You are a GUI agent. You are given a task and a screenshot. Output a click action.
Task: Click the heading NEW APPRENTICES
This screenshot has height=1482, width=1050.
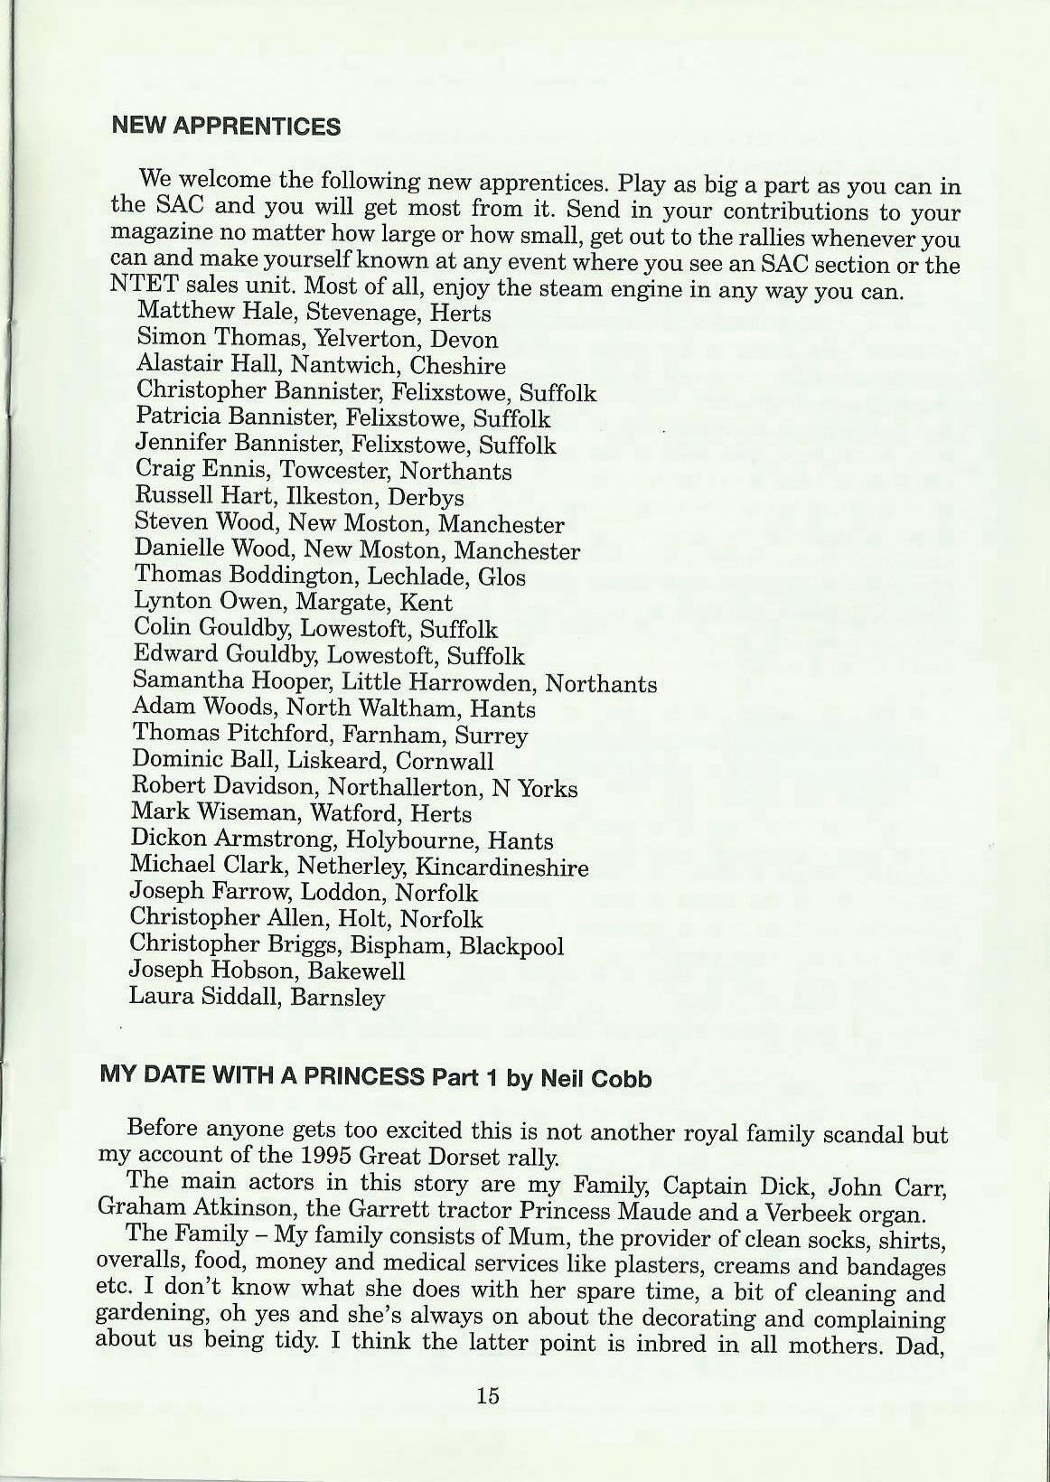[225, 126]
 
